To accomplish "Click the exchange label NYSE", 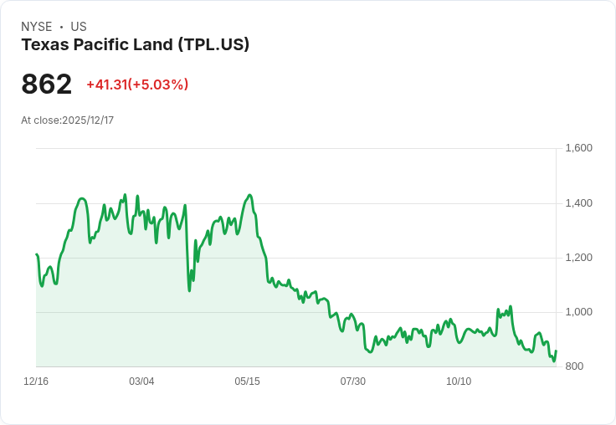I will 36,27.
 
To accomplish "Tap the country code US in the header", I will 79,27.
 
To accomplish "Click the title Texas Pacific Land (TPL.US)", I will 135,44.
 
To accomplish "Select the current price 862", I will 47,84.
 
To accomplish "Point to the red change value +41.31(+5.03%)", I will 137,84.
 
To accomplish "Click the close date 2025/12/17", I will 88,120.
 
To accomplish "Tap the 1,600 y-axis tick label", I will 578,148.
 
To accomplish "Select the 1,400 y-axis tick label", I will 578,203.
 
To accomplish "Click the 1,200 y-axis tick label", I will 578,258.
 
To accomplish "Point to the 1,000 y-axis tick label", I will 578,312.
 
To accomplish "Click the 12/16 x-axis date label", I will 36,381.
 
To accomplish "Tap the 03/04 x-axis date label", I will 141,381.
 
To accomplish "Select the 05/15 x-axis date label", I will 247,381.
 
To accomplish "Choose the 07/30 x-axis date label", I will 353,381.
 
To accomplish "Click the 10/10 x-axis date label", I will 459,381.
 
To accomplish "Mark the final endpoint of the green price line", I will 556,351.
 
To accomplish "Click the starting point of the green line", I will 37,254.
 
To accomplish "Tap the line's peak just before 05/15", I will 249,195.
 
